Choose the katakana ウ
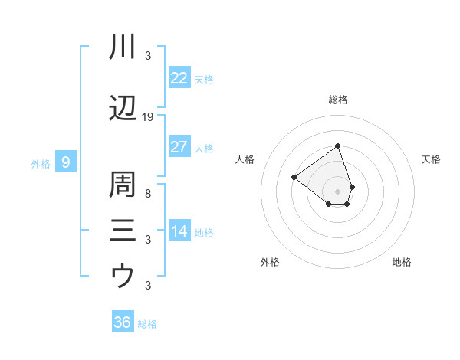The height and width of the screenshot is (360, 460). [x=123, y=275]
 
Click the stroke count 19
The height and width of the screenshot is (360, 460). [x=148, y=117]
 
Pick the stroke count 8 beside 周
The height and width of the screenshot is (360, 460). [x=148, y=194]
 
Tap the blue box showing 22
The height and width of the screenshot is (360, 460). [x=179, y=78]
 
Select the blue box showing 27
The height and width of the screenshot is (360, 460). [x=179, y=147]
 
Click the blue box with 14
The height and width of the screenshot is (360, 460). [x=179, y=231]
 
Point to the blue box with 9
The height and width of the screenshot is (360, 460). [x=66, y=162]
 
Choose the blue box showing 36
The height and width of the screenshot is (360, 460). [x=123, y=322]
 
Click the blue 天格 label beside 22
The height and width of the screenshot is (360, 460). [x=204, y=80]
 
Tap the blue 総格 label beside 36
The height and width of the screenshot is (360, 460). [x=147, y=324]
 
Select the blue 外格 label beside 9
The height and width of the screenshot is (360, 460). [x=41, y=164]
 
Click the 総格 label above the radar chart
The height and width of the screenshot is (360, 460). [x=337, y=100]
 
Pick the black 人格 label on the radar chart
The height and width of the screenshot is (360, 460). [x=245, y=159]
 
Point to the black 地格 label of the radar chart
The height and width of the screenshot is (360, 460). [x=402, y=262]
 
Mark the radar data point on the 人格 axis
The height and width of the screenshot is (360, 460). [x=294, y=178]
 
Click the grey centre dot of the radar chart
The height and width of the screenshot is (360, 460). [x=337, y=191]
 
